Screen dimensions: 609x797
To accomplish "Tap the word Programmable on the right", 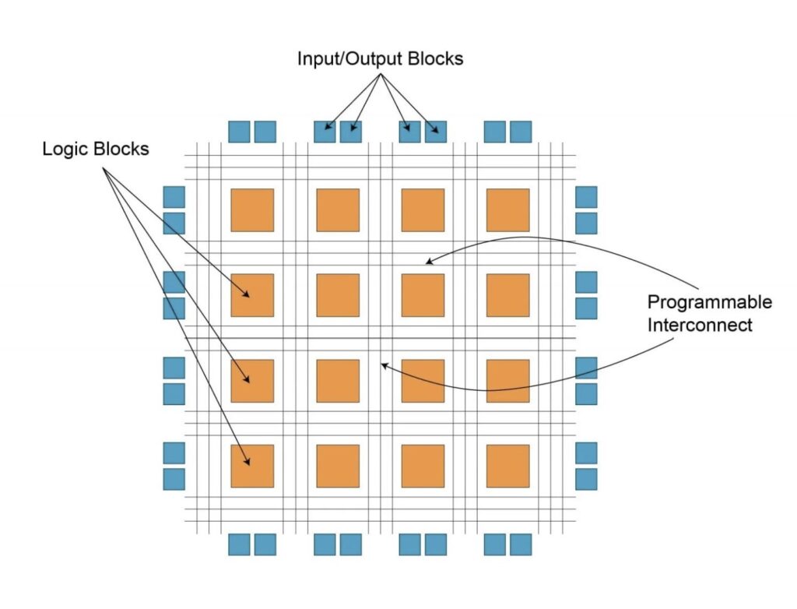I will tap(710, 301).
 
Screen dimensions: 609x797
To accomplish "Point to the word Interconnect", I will tap(700, 325).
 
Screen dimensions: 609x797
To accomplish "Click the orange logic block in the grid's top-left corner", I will tap(252, 210).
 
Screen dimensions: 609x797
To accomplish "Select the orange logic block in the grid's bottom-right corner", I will tap(507, 466).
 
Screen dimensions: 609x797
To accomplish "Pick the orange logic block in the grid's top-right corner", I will tap(507, 210).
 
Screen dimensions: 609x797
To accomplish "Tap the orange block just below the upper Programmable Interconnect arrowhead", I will tap(423, 295).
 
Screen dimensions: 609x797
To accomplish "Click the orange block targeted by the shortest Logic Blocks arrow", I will tap(252, 295).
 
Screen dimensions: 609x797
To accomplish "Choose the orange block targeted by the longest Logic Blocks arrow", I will tap(252, 466).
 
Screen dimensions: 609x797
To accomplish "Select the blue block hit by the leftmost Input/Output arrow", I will tap(325, 132).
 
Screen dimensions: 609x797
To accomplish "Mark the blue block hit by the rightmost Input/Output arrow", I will tap(436, 132).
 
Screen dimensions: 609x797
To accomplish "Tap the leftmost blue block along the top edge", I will tap(239, 132).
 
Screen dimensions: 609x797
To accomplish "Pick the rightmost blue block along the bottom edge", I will tap(521, 544).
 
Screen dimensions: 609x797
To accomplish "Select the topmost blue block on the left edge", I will tap(174, 197).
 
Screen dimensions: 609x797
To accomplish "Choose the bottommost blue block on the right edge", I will tap(586, 479).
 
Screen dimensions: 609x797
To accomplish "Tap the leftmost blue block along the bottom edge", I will tap(239, 544).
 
